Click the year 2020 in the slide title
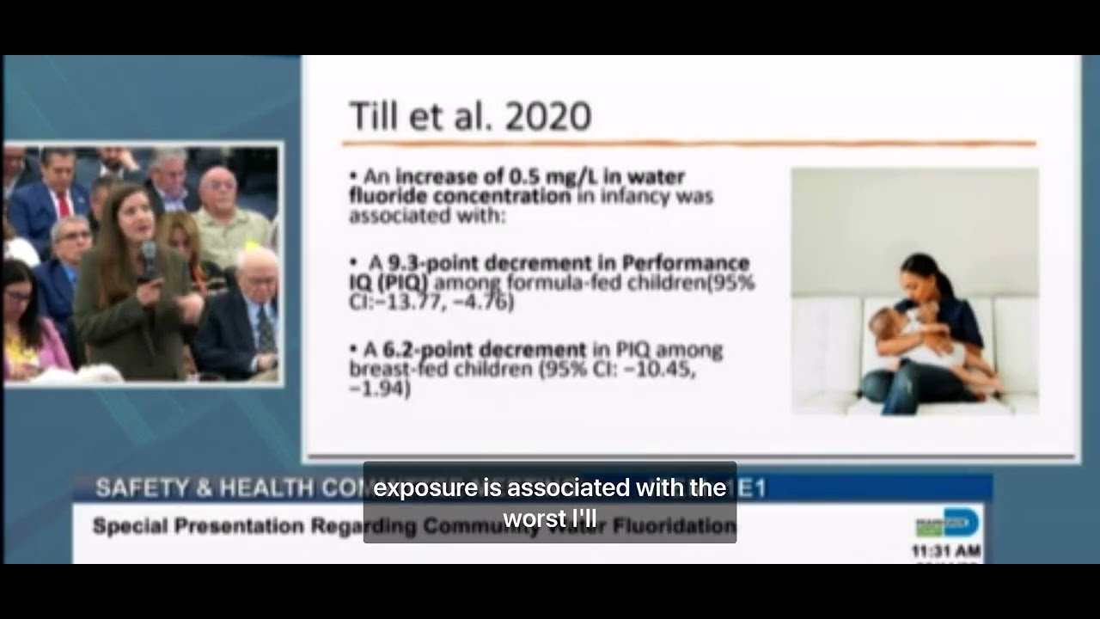pyautogui.click(x=548, y=116)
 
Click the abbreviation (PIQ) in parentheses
pyautogui.click(x=401, y=282)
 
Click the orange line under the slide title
pyautogui.click(x=687, y=144)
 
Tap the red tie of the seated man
pyautogui.click(x=64, y=205)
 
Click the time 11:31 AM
pyautogui.click(x=946, y=550)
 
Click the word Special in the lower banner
pyautogui.click(x=125, y=525)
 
